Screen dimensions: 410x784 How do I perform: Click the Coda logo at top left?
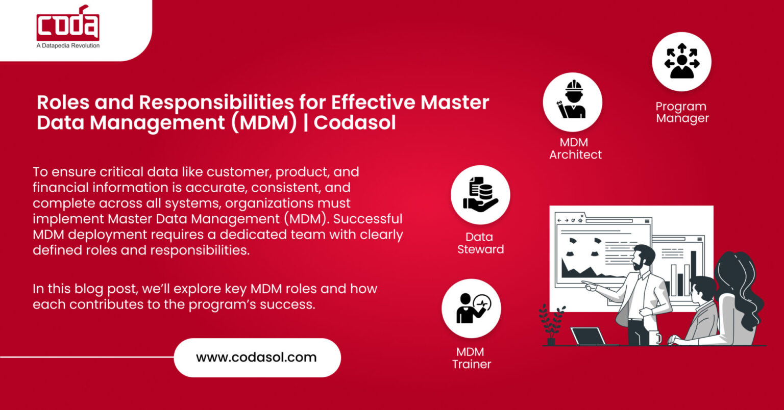(x=68, y=23)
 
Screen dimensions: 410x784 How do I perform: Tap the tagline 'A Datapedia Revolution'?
(x=68, y=46)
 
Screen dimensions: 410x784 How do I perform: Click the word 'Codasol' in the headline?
(x=355, y=123)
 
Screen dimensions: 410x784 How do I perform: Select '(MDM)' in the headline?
(x=263, y=123)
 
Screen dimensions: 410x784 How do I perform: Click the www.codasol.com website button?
(x=257, y=357)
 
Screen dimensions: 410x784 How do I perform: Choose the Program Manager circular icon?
(x=681, y=62)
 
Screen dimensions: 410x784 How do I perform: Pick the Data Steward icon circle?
(x=480, y=195)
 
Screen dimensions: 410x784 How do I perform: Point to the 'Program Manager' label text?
(x=682, y=112)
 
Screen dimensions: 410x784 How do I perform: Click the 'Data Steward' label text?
(x=480, y=243)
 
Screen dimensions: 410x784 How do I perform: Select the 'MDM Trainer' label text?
(x=471, y=358)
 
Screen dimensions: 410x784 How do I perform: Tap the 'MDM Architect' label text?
(x=575, y=148)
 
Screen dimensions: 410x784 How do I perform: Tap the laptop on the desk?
(x=588, y=337)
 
